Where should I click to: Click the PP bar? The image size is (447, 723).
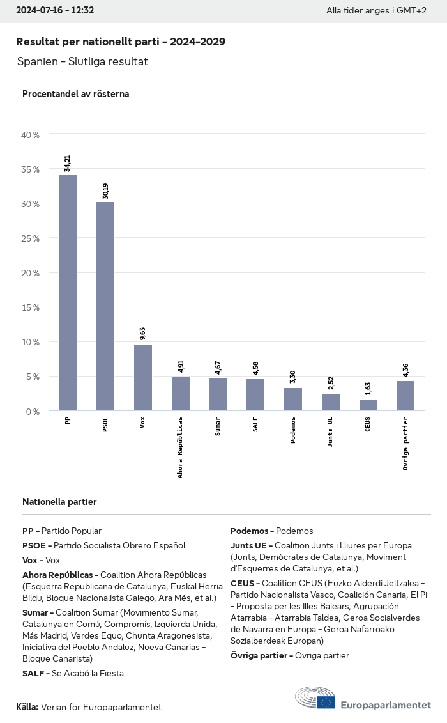tap(68, 292)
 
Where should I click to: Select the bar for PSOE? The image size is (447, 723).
tap(105, 306)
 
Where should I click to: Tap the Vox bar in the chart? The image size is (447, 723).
tap(143, 377)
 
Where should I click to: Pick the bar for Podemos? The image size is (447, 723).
tap(293, 399)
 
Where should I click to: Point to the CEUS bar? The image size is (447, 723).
tap(368, 405)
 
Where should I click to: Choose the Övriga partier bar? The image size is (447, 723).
tap(405, 396)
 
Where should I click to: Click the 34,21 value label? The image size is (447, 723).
tap(68, 162)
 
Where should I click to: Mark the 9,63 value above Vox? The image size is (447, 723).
tap(143, 334)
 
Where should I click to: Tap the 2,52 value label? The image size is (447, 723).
tap(331, 384)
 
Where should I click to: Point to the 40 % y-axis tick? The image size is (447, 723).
tap(30, 135)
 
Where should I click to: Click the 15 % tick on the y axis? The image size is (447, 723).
tap(30, 307)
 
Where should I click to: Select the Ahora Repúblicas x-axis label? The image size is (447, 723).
tap(181, 447)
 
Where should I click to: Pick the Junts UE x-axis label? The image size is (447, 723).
tap(330, 433)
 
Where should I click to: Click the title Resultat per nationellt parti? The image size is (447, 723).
tap(121, 42)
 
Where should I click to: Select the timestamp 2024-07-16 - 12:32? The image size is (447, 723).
tap(55, 10)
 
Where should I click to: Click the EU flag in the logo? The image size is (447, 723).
tap(327, 702)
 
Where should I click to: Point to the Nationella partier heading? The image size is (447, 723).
tap(59, 502)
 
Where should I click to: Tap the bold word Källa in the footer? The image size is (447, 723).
tap(27, 707)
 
